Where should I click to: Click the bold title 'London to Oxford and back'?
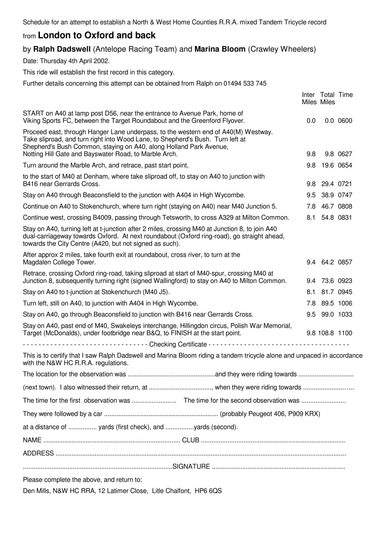click(x=97, y=36)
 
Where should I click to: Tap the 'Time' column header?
click(x=346, y=95)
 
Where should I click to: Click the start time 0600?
click(x=345, y=121)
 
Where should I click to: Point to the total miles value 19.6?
click(x=327, y=165)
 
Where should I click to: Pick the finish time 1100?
click(x=345, y=333)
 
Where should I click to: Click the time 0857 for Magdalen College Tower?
click(x=345, y=262)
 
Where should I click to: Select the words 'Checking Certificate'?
click(x=178, y=344)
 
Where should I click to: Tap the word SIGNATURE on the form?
click(x=191, y=467)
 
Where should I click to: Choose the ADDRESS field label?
click(x=38, y=453)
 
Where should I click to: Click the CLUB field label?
click(x=190, y=440)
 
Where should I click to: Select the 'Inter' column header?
click(x=308, y=95)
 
